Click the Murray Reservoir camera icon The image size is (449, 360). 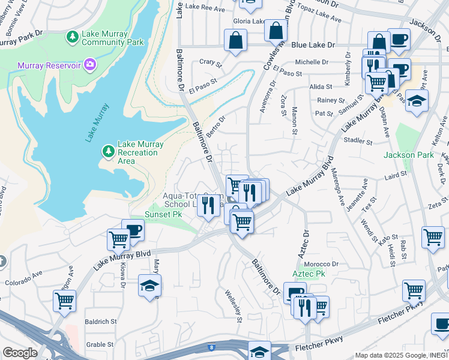click(x=89, y=64)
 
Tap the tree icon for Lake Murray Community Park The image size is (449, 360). click(x=73, y=38)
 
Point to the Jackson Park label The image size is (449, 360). click(x=409, y=155)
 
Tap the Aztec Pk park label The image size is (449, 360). click(x=309, y=274)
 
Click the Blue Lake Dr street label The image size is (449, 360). click(x=313, y=45)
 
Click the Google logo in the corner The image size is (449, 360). click(x=19, y=352)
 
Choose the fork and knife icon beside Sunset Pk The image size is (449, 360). click(x=208, y=206)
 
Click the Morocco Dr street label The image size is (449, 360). click(x=321, y=264)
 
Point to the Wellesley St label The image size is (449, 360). click(x=234, y=305)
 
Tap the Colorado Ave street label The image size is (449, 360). click(x=24, y=279)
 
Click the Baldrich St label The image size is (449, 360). click(x=100, y=322)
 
